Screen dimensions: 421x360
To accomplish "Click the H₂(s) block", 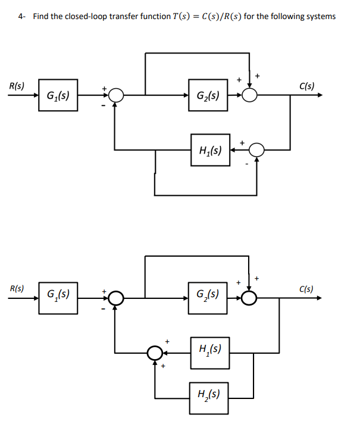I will (210, 393).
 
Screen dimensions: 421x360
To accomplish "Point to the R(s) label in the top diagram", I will (17, 86).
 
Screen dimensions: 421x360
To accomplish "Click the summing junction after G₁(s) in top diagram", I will (115, 95).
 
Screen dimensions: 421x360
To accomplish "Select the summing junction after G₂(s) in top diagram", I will (250, 95).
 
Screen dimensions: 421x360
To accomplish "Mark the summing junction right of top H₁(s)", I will (256, 151).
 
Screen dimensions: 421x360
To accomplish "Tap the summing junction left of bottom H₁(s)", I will (155, 353).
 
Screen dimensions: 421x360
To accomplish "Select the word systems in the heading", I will (320, 16).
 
